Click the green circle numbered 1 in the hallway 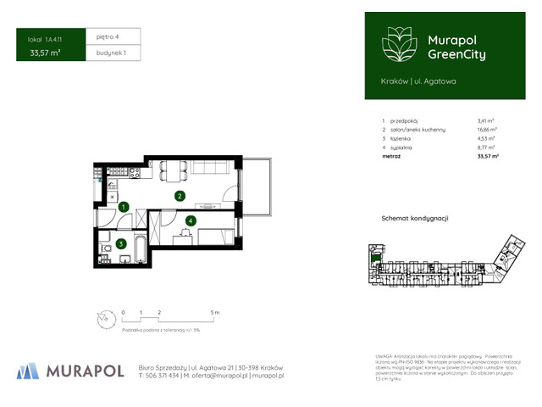[124, 206]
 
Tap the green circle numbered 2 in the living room [180, 196]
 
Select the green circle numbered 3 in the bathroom [122, 243]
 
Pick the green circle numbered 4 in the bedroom [191, 221]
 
